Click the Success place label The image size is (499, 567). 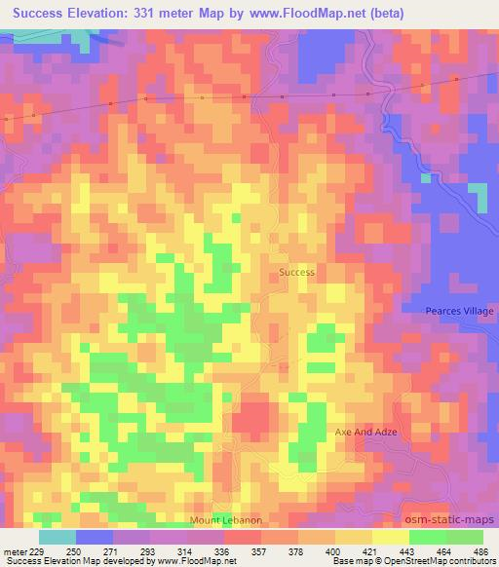[x=296, y=273]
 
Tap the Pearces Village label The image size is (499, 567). [x=460, y=311]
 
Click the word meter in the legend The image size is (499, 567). [x=15, y=550]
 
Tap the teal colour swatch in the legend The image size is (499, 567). [x=58, y=537]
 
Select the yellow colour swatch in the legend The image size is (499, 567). [x=390, y=537]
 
